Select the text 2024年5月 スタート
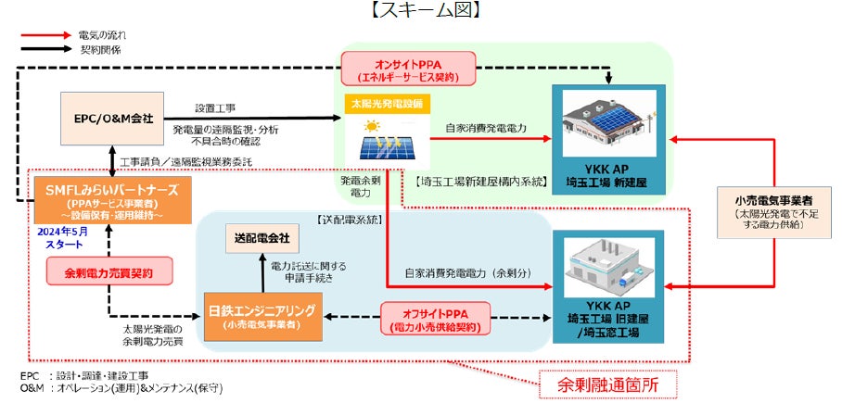64,238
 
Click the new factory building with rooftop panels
608,126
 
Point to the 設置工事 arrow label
216,107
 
